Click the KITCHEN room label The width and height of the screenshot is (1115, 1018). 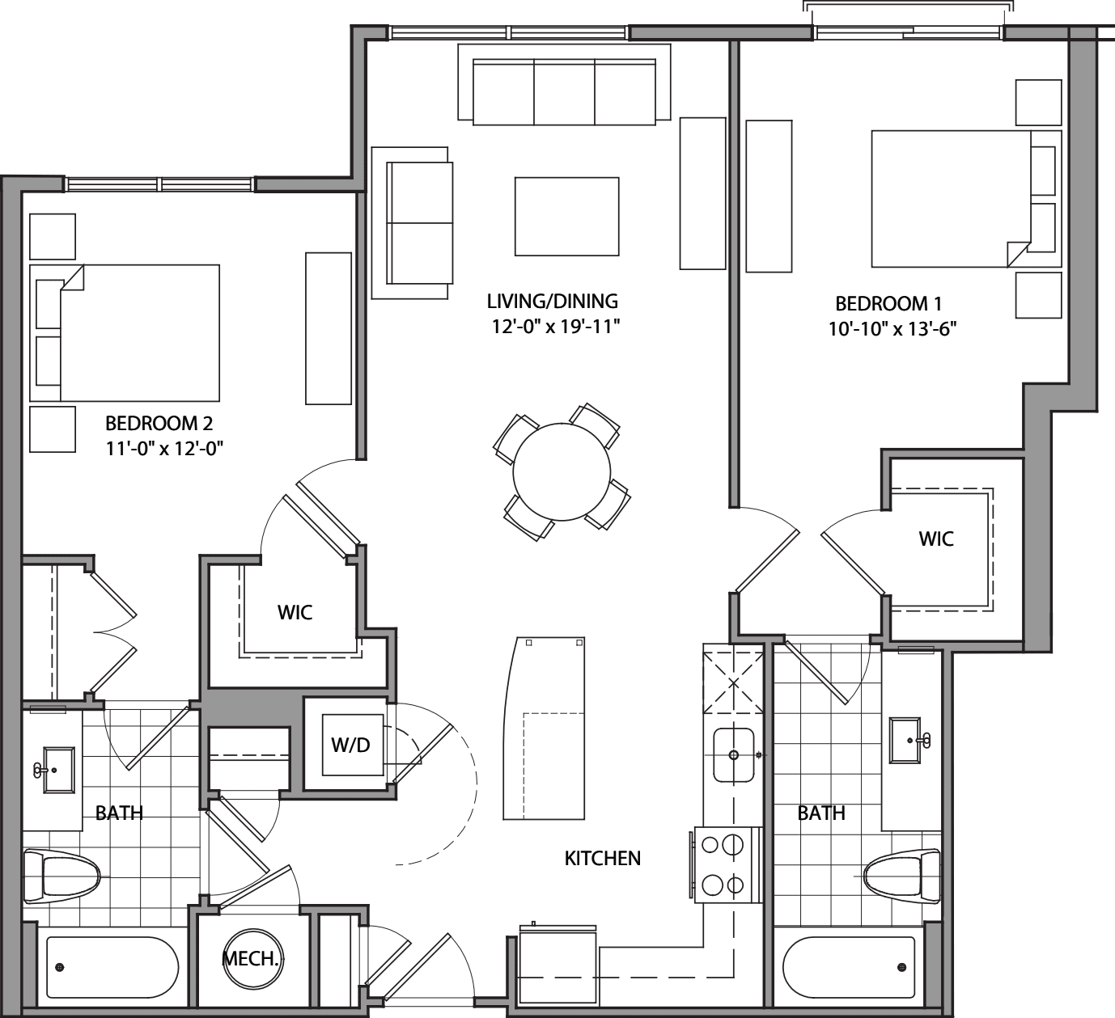coord(602,858)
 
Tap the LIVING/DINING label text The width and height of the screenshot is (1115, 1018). coord(552,302)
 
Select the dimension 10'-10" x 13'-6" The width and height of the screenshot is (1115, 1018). coord(887,329)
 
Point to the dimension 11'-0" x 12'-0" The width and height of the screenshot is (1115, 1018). coord(164,448)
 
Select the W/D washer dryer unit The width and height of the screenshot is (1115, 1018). coord(350,745)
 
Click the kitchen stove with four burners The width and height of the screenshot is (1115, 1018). coord(726,864)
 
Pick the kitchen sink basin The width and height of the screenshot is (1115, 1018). coord(733,755)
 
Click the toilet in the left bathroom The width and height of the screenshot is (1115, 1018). coord(63,876)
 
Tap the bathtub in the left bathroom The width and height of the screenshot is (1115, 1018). coord(112,967)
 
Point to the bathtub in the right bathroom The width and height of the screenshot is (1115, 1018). coord(850,967)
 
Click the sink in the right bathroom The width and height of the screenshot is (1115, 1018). coord(909,740)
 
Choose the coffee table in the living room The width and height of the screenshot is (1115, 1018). coord(566,216)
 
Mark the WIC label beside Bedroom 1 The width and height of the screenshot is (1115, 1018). coord(935,539)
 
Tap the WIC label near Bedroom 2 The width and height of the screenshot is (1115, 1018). coord(295,612)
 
